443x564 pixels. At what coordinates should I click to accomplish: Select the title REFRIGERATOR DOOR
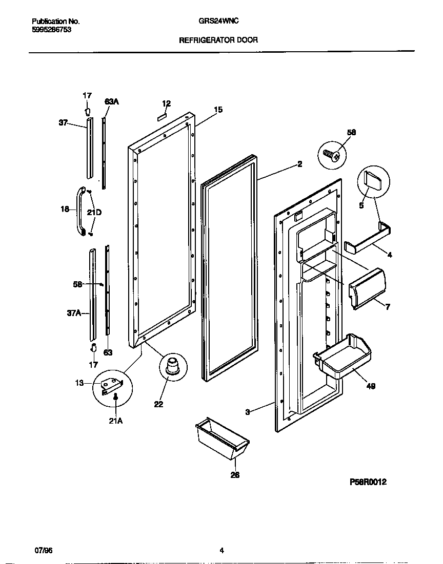pyautogui.click(x=218, y=39)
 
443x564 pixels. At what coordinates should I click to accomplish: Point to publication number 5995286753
pyautogui.click(x=51, y=30)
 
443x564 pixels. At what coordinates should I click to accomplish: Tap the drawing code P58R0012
pyautogui.click(x=368, y=482)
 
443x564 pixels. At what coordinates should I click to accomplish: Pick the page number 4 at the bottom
pyautogui.click(x=221, y=551)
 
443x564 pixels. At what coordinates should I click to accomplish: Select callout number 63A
pyautogui.click(x=111, y=102)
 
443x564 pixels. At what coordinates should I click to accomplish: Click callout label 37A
pyautogui.click(x=75, y=313)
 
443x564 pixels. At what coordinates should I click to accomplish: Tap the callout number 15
pyautogui.click(x=218, y=110)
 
